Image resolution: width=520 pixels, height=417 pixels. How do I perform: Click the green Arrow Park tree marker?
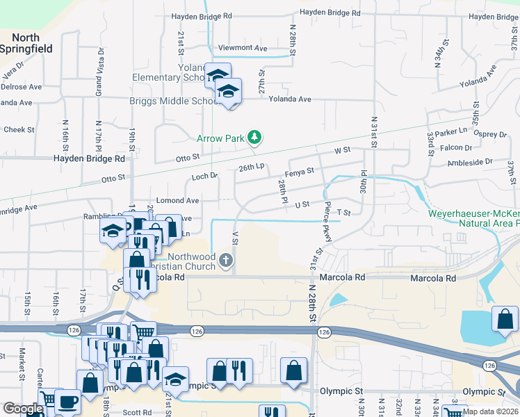[x=254, y=138]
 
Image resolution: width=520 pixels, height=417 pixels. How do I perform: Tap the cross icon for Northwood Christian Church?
[x=225, y=261]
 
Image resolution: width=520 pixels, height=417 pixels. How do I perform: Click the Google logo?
[x=22, y=409]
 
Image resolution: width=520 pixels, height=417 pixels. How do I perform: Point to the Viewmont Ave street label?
[x=243, y=48]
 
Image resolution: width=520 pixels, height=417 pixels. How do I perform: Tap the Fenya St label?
[x=300, y=170]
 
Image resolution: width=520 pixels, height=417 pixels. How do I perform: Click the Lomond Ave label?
[x=177, y=200]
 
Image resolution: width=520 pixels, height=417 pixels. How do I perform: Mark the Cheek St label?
[x=19, y=129]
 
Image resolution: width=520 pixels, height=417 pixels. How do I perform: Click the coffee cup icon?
[x=67, y=402]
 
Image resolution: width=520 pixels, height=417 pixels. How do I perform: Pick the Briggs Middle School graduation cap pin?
[x=227, y=91]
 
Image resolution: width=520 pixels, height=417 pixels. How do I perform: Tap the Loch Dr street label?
[x=205, y=177]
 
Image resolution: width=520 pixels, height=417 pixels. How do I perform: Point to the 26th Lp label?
[x=252, y=167]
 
